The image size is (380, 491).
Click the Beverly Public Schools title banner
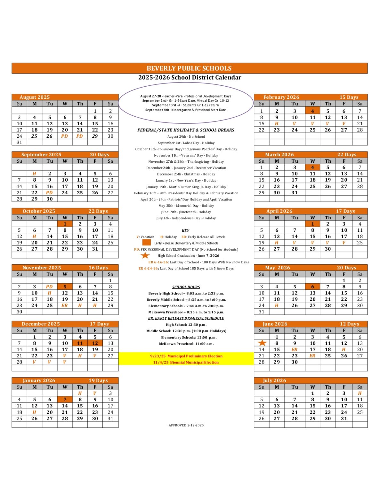[189, 68]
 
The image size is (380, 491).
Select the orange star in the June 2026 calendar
[262, 343]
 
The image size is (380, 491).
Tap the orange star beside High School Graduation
[145, 255]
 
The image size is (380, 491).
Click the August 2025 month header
[35, 97]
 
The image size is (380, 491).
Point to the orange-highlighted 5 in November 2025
[65, 287]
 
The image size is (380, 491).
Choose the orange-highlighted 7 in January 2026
[65, 400]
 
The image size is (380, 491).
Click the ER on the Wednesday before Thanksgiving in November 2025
[65, 306]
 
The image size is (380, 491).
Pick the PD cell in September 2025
[49, 193]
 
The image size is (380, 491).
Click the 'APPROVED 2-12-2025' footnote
[186, 425]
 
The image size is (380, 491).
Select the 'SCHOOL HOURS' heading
[186, 287]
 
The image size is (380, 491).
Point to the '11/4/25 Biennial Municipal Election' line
[186, 362]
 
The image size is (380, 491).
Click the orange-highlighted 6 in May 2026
[312, 287]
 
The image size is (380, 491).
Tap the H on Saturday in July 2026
[360, 394]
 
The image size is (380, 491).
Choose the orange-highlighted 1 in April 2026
[312, 224]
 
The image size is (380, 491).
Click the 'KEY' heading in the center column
[185, 230]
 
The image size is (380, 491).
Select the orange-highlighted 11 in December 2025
[80, 343]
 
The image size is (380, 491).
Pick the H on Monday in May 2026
[277, 306]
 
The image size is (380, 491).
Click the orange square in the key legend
[146, 243]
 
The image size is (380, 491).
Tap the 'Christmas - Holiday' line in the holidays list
[186, 174]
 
